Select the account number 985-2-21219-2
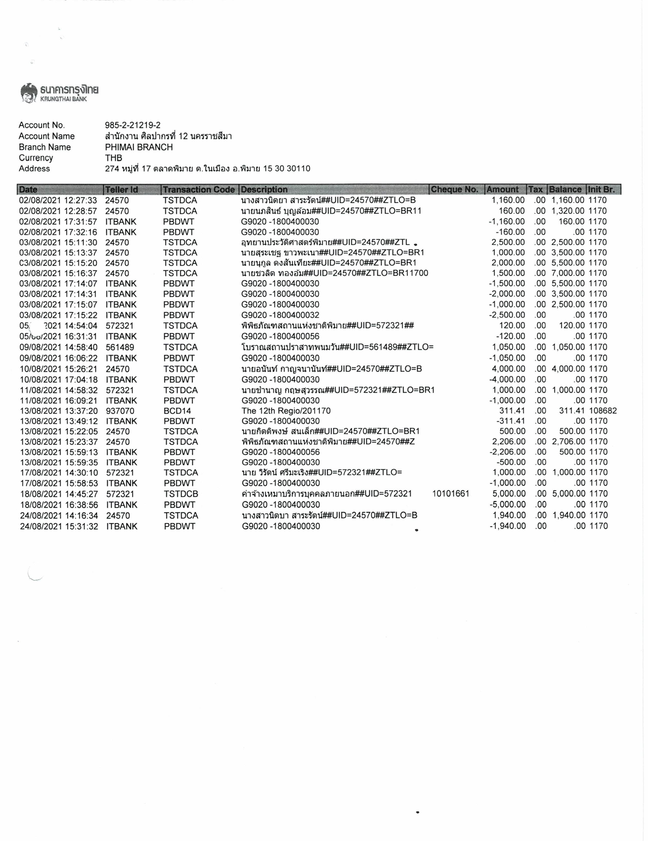(x=132, y=125)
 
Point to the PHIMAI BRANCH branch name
(x=139, y=147)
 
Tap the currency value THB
(x=113, y=158)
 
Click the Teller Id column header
(x=122, y=189)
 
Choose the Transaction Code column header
(x=199, y=189)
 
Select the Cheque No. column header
(x=455, y=189)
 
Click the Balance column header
(x=565, y=189)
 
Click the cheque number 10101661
(x=451, y=494)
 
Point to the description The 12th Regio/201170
(x=286, y=411)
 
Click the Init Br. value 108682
(x=602, y=411)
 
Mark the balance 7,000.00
(x=568, y=273)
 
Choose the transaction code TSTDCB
(x=181, y=494)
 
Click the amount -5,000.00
(x=507, y=505)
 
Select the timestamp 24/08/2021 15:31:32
(x=59, y=526)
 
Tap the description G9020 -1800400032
(x=280, y=315)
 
